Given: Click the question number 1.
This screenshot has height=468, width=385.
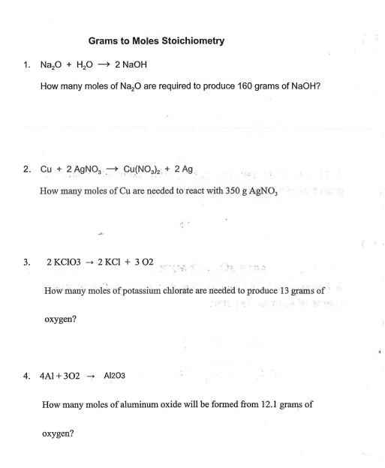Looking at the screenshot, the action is click(26, 66).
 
